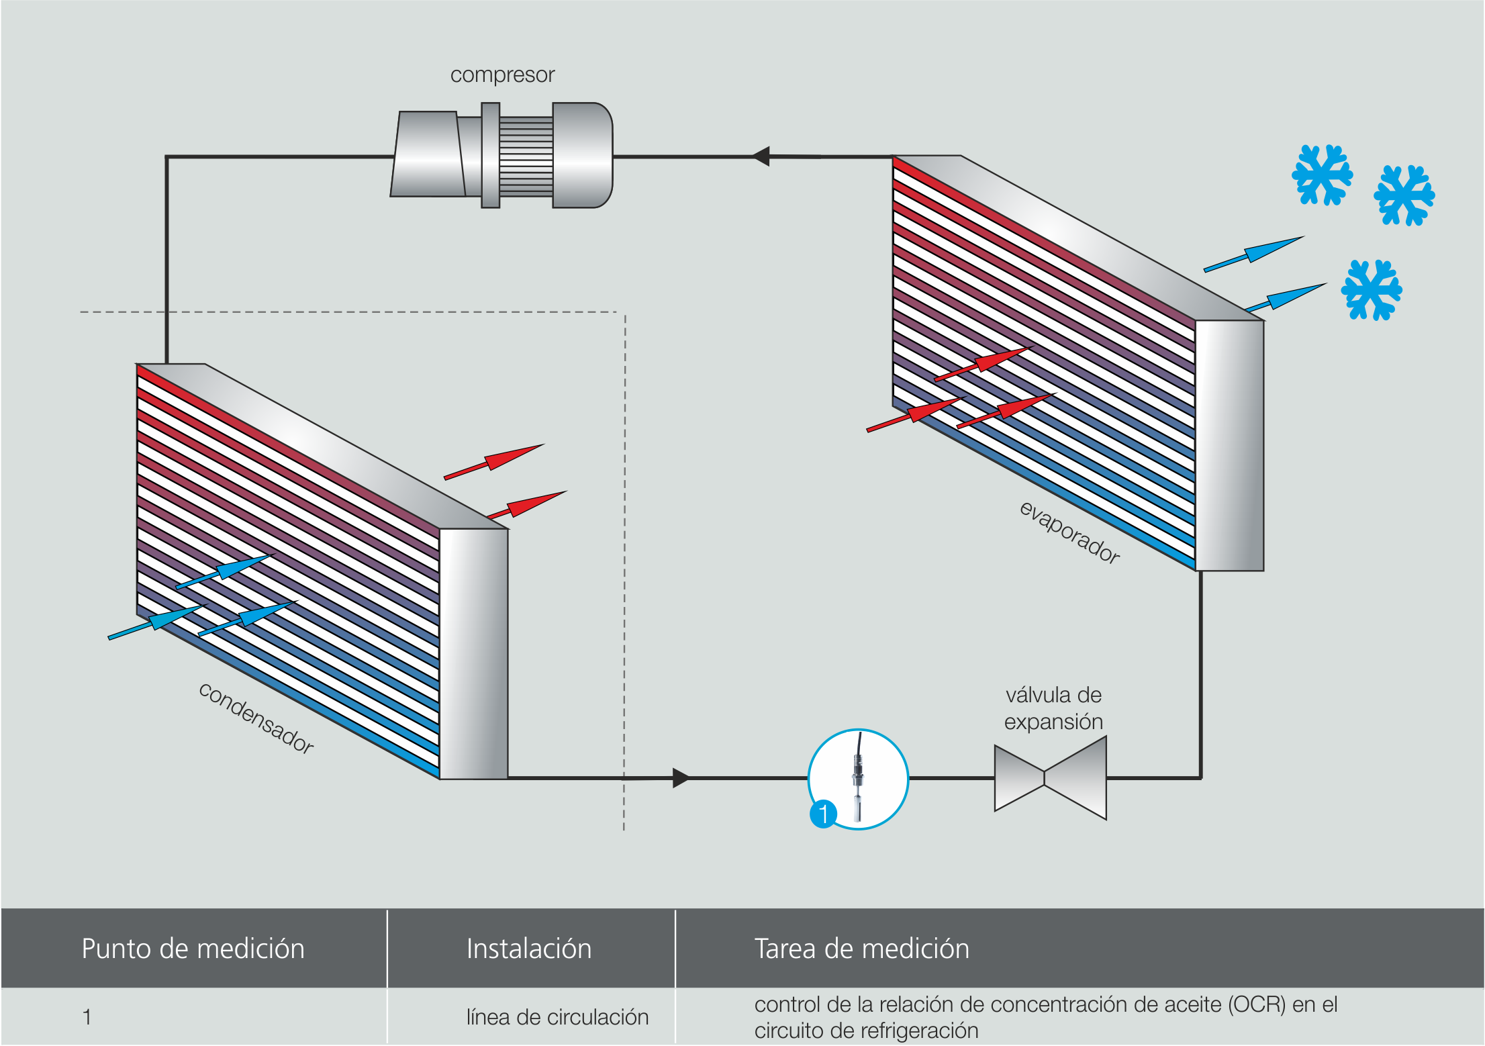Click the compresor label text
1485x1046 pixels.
(502, 75)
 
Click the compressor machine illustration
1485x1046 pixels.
(501, 155)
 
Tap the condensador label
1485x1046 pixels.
(256, 718)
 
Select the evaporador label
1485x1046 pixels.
(1069, 532)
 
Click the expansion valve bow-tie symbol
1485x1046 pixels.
(1050, 777)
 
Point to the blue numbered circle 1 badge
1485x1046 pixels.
(823, 814)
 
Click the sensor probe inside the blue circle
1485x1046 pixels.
(858, 779)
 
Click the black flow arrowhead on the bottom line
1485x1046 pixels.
(681, 778)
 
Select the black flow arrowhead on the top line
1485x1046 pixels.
(761, 156)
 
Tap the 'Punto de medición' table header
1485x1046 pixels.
(193, 949)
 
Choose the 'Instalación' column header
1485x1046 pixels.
(529, 949)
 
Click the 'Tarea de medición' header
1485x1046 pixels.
(862, 949)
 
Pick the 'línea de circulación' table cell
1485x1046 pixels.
(557, 1017)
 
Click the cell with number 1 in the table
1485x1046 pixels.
(87, 1017)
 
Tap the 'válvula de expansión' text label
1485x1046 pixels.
(1053, 708)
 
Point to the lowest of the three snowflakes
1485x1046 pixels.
(1371, 290)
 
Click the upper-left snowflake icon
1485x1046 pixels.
(1322, 175)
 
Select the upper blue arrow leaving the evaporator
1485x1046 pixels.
(1254, 254)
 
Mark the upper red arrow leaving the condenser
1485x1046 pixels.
(494, 461)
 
